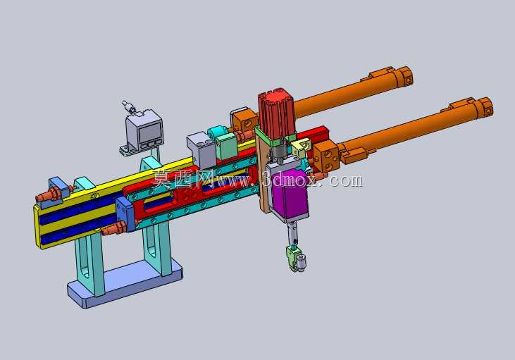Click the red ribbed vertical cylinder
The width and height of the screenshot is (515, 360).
tap(277, 113)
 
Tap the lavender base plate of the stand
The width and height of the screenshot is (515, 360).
tap(125, 283)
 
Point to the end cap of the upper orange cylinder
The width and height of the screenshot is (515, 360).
tap(406, 76)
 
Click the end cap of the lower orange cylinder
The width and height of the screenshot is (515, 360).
tap(485, 107)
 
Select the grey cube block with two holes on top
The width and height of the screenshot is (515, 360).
tap(201, 150)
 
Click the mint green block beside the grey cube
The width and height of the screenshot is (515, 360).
tap(226, 146)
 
